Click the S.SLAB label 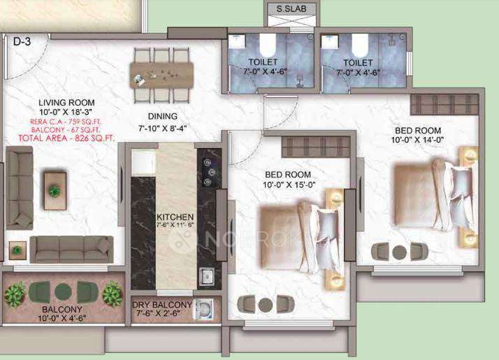[290, 9]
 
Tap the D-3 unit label [22, 42]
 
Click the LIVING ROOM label [66, 103]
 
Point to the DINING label [162, 116]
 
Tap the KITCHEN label [175, 217]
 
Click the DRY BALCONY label [161, 305]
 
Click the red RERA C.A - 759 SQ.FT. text [66, 121]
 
